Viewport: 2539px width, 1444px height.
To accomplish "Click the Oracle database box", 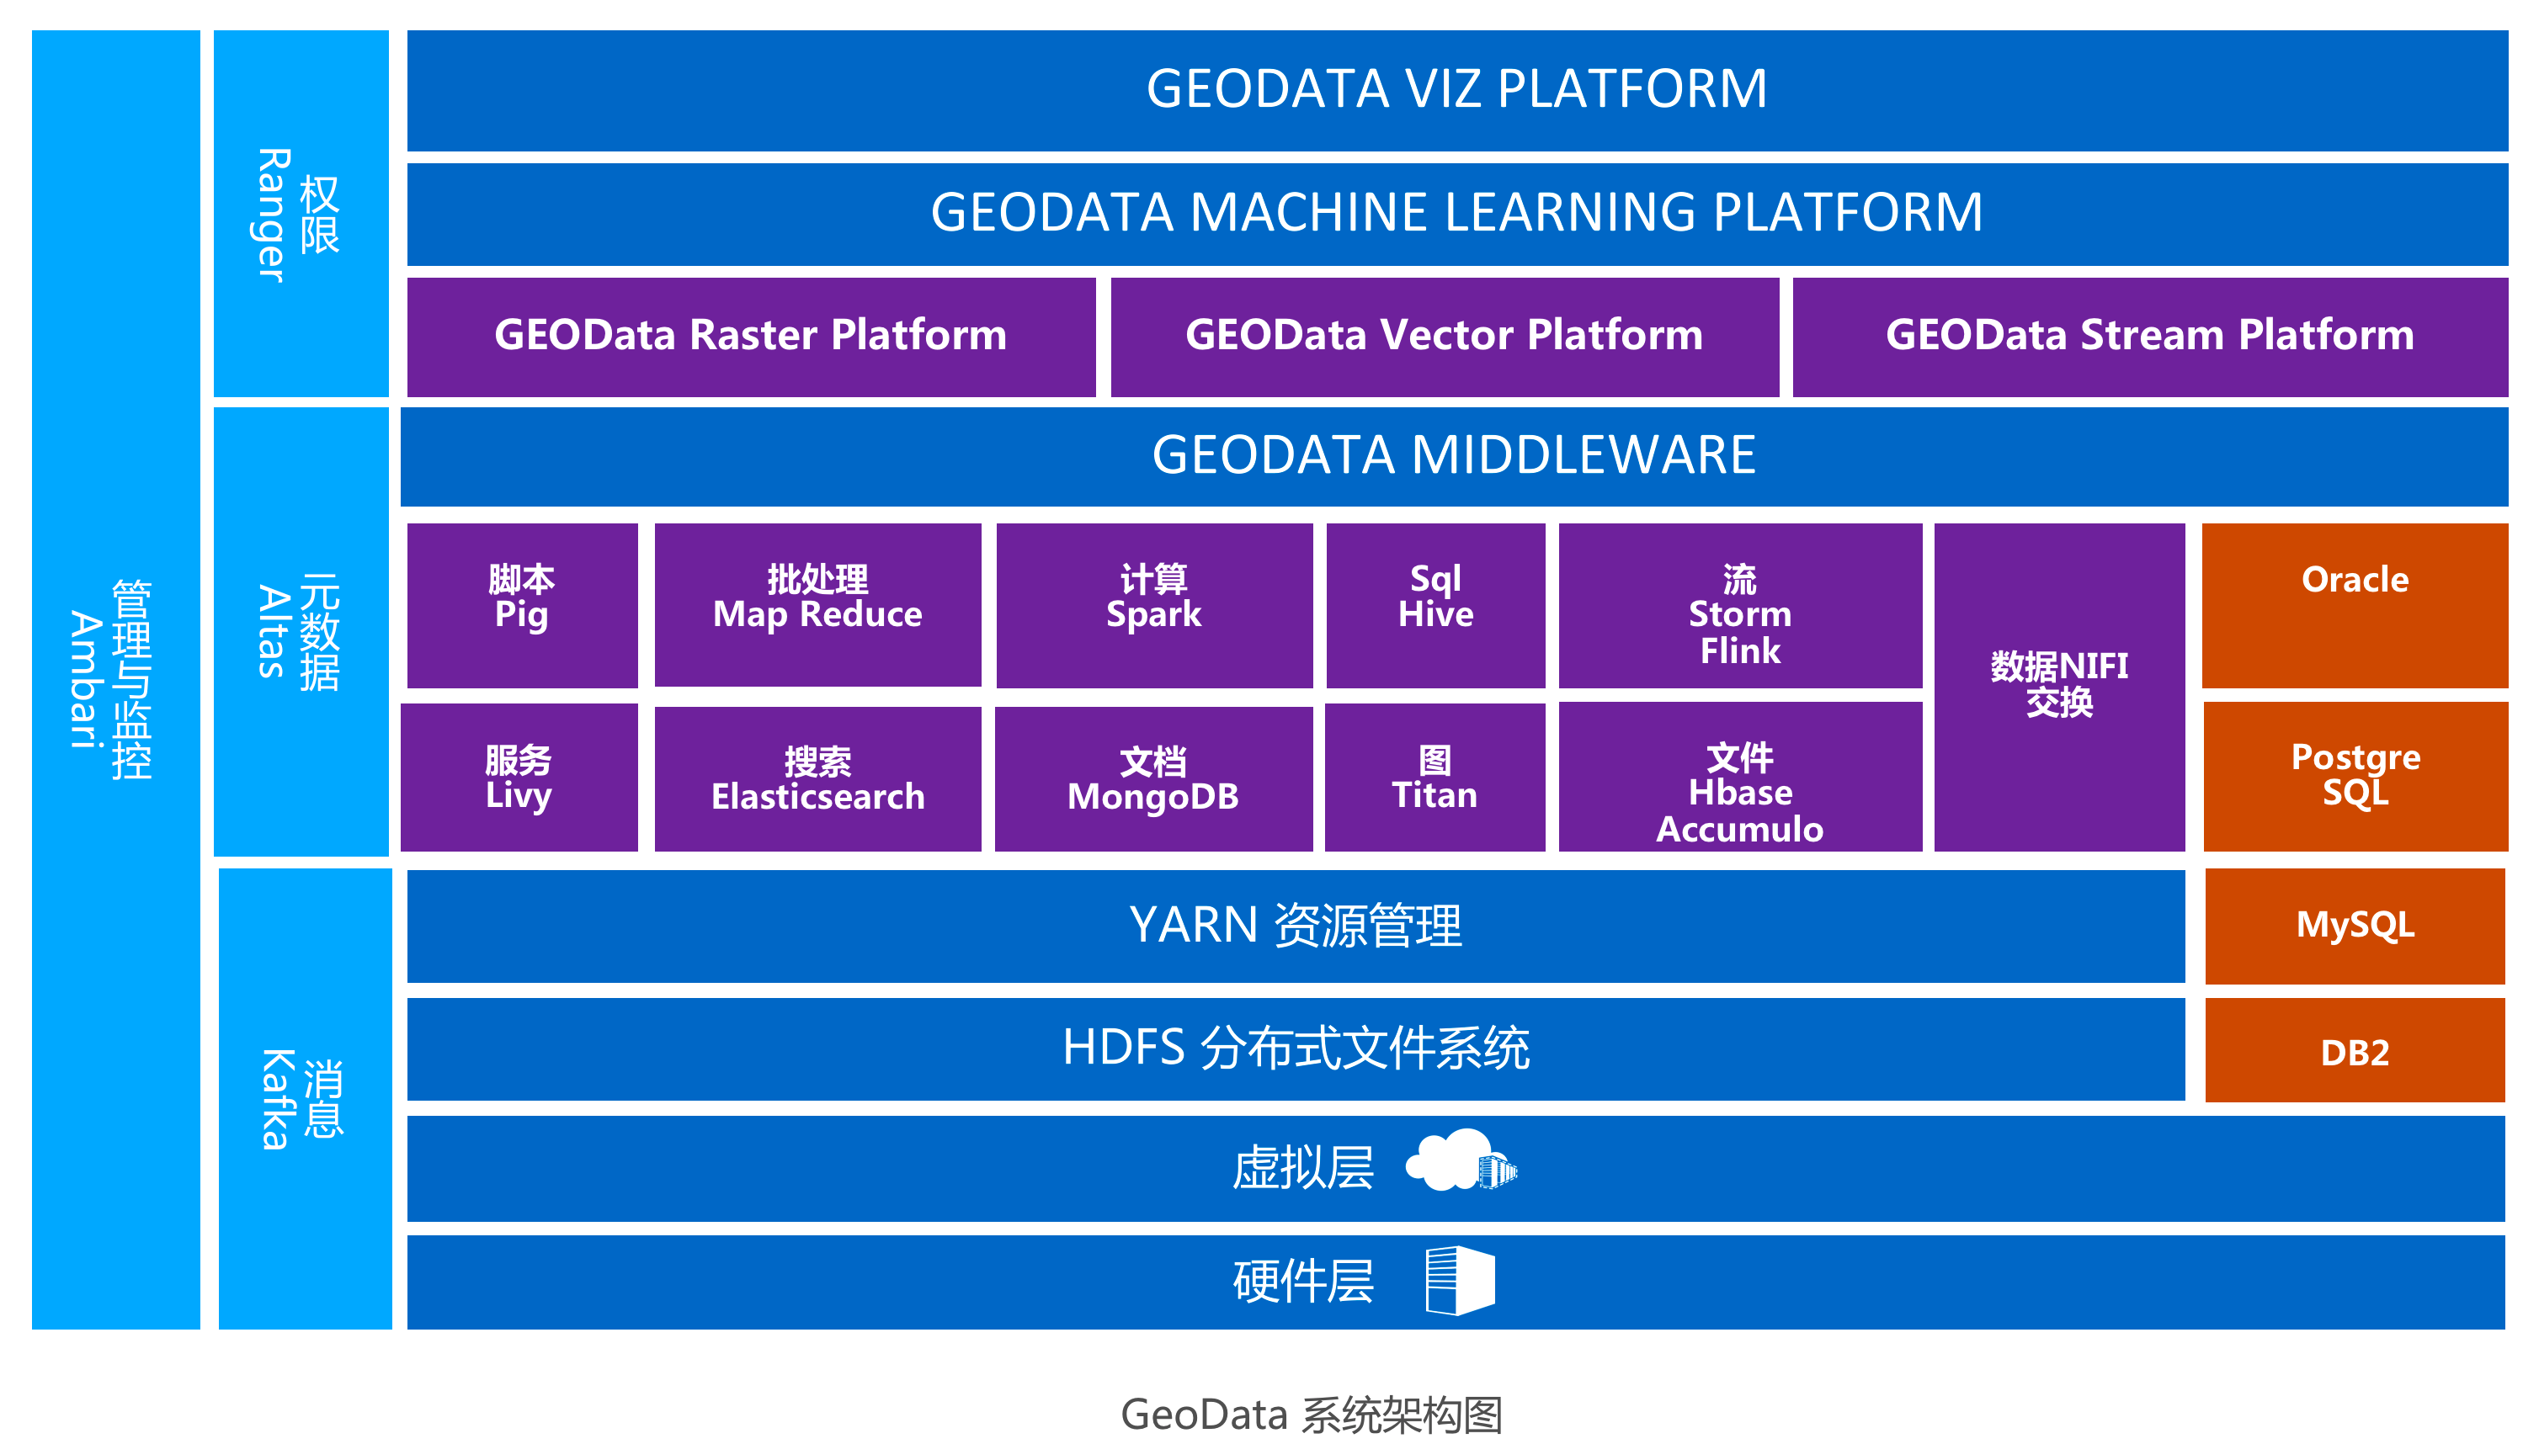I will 2354,605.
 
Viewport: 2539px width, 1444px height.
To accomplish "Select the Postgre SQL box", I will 2355,776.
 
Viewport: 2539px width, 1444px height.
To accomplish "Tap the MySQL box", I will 2355,926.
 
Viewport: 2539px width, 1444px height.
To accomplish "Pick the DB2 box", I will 2355,1051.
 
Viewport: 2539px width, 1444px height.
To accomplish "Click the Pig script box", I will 522,605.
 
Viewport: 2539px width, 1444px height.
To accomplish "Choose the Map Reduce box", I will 817,605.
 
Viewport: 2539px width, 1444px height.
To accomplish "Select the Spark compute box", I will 1154,605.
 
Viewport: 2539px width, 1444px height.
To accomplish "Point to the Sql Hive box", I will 1435,605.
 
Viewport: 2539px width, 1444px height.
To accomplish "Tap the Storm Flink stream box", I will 1739,605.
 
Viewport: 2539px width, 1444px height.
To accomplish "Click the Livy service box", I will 519,778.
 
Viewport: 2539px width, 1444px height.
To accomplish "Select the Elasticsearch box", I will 817,778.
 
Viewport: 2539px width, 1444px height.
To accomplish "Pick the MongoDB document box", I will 1153,778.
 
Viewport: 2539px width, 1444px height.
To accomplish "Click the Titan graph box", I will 1435,778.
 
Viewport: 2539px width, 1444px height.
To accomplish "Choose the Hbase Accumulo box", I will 1739,778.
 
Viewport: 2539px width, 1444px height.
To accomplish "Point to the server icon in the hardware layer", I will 1459,1281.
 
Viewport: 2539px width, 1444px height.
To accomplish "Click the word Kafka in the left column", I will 277,1099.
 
